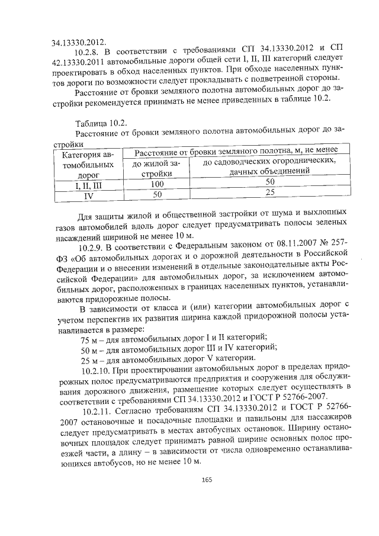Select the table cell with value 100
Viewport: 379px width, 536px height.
point(157,184)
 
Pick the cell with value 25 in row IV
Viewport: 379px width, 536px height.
point(269,192)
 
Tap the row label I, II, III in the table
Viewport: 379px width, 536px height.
point(86,185)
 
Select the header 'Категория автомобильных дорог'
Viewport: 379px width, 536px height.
point(86,165)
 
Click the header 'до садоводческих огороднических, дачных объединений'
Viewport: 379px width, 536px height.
point(270,166)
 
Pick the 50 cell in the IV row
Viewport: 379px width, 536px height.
point(157,194)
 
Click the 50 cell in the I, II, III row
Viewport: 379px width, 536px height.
point(269,182)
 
